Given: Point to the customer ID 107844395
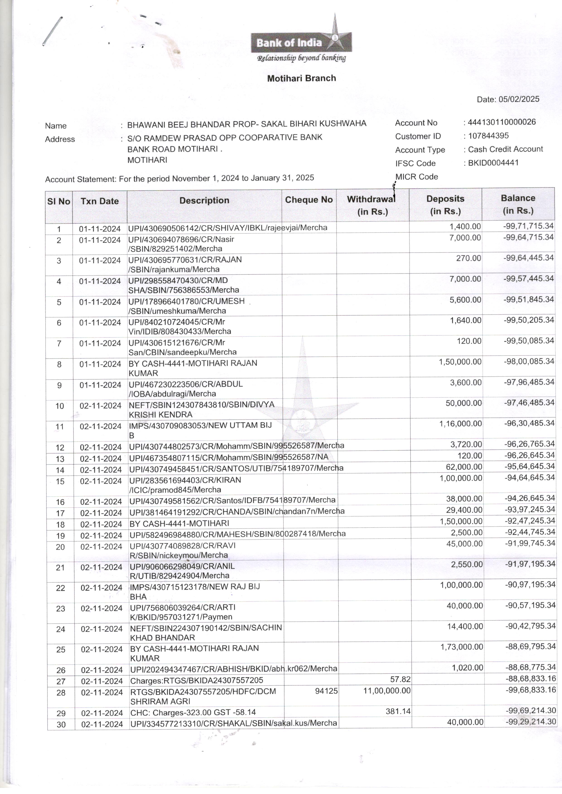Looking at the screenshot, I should pos(488,136).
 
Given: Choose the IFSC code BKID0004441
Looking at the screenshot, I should pos(493,163).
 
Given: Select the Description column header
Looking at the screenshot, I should pos(204,201).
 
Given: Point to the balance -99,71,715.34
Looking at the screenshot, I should pos(528,226).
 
